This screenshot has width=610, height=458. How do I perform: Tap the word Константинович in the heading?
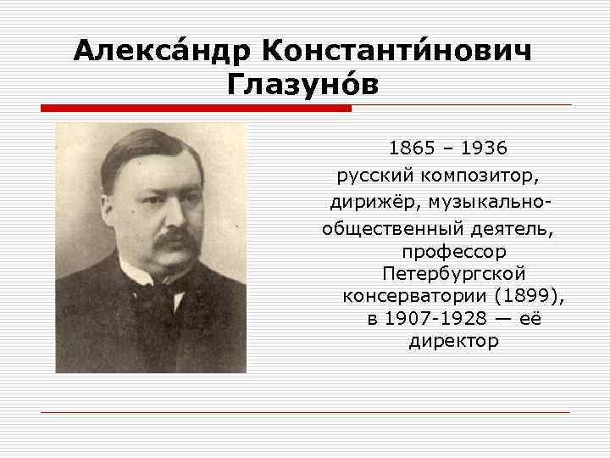coord(399,51)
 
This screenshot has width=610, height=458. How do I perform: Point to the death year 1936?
coord(485,148)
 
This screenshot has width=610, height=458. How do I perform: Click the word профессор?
coord(454,252)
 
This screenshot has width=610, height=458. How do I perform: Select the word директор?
coord(454,341)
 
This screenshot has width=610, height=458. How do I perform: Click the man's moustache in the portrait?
coord(173,241)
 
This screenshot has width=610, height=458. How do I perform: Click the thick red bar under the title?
coord(196,108)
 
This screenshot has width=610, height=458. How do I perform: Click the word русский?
coord(375,177)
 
